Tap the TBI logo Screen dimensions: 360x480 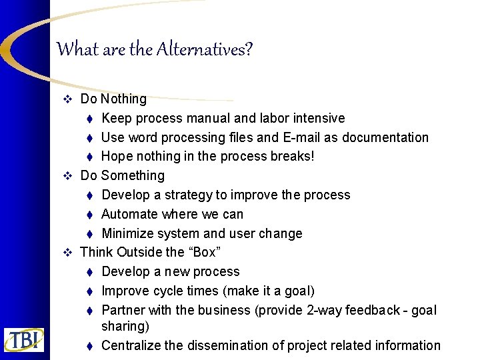[x=24, y=339]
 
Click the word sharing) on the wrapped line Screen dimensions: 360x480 [x=125, y=327]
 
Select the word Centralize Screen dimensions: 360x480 [x=131, y=346]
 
